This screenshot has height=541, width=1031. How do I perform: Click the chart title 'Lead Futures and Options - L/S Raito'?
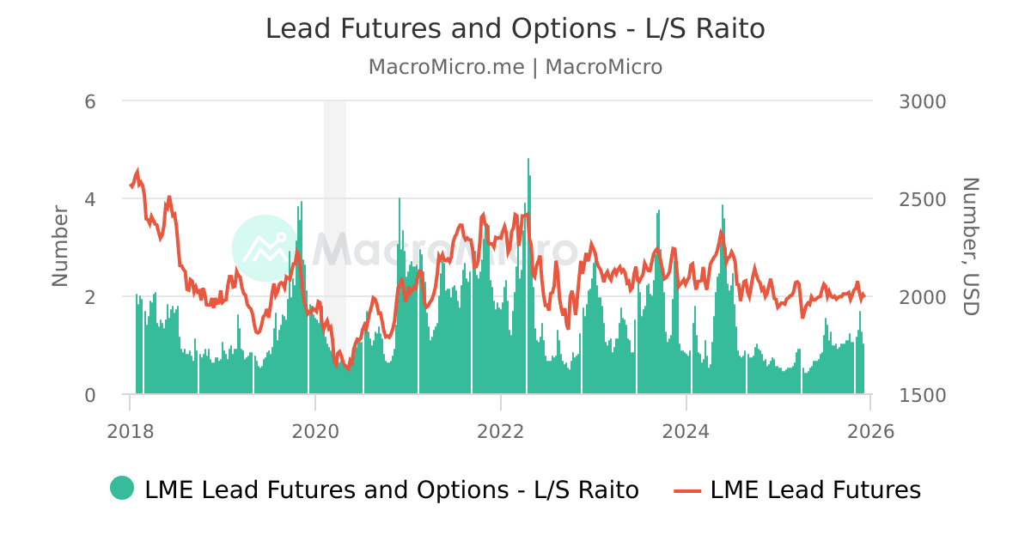(x=515, y=28)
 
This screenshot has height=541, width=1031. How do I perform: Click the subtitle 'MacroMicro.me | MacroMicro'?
(x=515, y=67)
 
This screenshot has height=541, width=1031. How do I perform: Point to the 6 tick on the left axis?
(x=89, y=101)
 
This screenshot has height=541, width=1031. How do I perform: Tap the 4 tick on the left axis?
(x=89, y=199)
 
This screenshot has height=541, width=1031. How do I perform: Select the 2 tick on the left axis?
(x=89, y=297)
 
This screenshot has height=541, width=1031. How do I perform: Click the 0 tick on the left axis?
(x=89, y=395)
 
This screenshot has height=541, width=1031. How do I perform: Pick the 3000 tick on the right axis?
(x=922, y=101)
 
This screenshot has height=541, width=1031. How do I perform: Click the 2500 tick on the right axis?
(x=922, y=199)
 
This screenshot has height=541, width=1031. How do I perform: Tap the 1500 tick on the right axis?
(x=922, y=395)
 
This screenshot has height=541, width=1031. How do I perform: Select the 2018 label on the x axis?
(x=130, y=431)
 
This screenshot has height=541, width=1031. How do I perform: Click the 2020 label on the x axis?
(x=315, y=431)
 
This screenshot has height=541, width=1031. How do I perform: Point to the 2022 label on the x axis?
(x=501, y=431)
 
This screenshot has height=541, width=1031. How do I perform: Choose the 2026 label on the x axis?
(x=870, y=431)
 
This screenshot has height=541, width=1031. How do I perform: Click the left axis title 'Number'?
(x=59, y=246)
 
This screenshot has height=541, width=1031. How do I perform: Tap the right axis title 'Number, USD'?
(x=969, y=246)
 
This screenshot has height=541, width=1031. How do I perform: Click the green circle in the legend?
(x=122, y=488)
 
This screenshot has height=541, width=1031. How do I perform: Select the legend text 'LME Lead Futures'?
(x=815, y=490)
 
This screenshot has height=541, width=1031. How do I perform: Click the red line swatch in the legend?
(x=687, y=490)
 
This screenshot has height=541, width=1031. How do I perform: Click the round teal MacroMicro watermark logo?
(x=265, y=248)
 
